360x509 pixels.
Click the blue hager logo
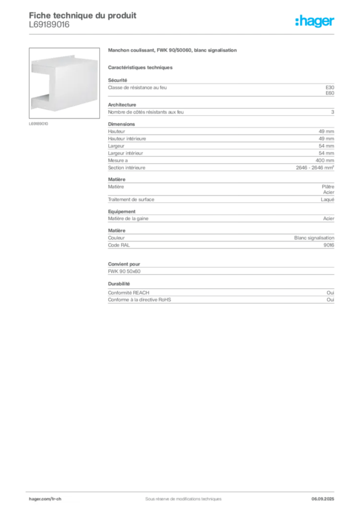click(x=315, y=21)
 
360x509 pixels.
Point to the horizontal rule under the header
click(x=182, y=33)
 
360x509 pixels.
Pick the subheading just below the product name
click(x=141, y=67)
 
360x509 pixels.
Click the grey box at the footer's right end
click(x=327, y=496)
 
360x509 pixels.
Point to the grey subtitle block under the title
click(x=50, y=28)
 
